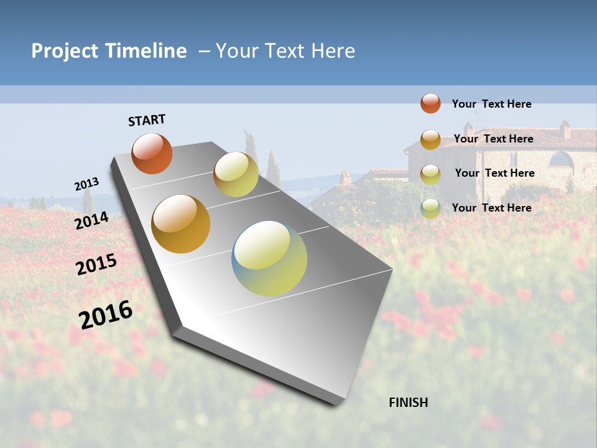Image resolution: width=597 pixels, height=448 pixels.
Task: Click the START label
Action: (147, 120)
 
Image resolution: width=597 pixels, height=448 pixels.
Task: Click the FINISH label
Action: (408, 403)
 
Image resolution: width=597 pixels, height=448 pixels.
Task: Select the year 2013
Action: (86, 184)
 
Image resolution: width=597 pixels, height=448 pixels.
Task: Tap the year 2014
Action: (91, 220)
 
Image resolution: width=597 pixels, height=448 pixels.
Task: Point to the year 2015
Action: (96, 264)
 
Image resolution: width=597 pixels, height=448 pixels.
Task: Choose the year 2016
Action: (106, 314)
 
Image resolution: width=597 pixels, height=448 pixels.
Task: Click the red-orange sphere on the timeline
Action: (152, 153)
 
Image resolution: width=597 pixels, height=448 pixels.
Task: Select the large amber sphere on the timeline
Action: (180, 223)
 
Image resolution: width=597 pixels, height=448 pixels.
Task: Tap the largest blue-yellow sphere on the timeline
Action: (269, 258)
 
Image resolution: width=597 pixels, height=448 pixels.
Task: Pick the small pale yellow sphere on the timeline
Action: (236, 174)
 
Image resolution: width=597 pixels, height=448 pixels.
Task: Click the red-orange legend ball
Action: (430, 103)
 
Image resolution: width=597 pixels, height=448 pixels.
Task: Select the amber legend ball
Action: (430, 139)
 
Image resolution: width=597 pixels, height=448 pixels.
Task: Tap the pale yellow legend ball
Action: (430, 174)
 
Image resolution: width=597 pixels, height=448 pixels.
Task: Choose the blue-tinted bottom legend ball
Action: (430, 208)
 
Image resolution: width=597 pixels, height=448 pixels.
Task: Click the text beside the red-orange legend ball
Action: (491, 104)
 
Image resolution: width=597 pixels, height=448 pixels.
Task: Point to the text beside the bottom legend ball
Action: (491, 208)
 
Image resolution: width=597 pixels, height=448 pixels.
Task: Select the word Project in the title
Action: (65, 51)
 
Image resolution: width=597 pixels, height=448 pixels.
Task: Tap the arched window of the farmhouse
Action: (561, 160)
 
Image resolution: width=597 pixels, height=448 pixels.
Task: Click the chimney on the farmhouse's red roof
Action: (565, 129)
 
